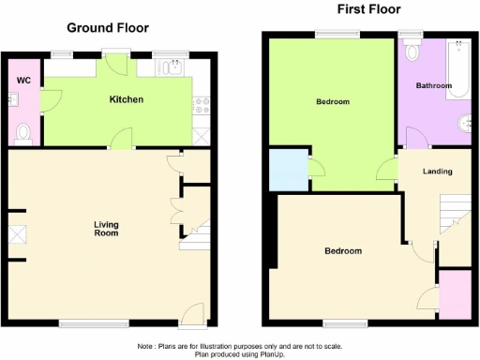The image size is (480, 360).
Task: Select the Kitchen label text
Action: pos(126,98)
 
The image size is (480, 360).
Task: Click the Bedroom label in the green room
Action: pos(332,101)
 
